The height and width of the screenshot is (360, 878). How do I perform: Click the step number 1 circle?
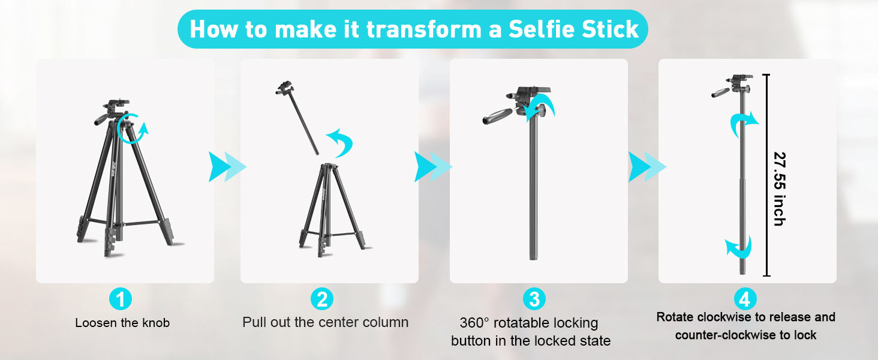[x=121, y=299]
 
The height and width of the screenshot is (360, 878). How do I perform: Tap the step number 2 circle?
[x=322, y=299]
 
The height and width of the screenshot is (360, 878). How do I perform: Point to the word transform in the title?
[x=425, y=29]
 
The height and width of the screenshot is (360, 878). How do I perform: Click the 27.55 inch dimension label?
[x=779, y=188]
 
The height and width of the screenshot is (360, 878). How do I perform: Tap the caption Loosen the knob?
[x=122, y=323]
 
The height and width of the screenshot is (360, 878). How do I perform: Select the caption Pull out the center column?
[x=325, y=322]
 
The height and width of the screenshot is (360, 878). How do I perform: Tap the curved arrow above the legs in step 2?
[x=341, y=142]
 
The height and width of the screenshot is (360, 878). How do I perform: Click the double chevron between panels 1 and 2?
[x=227, y=167]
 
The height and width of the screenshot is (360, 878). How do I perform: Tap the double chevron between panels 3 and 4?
[x=647, y=167]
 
